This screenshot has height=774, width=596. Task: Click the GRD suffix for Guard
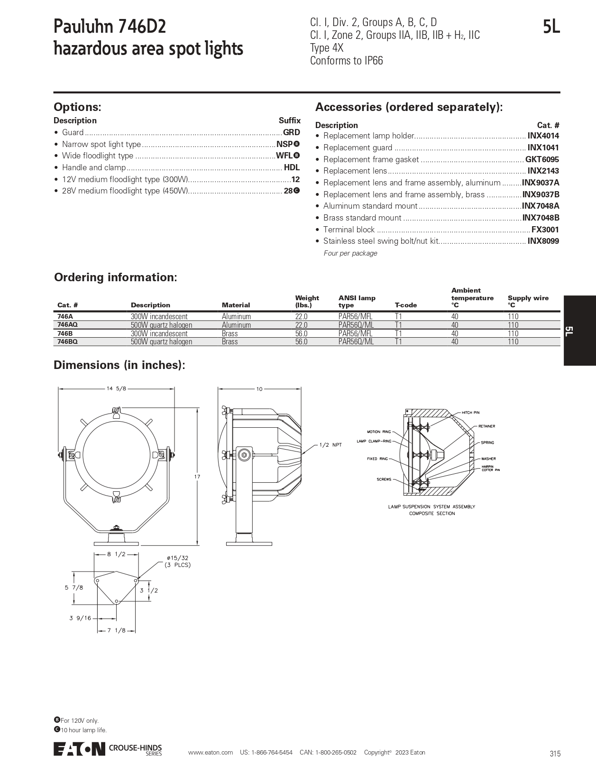pos(291,133)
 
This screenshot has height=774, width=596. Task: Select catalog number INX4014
pos(543,136)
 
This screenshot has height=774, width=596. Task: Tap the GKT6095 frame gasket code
pos(542,159)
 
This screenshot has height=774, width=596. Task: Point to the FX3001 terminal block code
pos(545,230)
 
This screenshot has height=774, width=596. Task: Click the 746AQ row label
pos(67,325)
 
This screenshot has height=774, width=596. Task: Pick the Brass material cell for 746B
pos(230,333)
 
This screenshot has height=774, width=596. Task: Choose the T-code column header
pos(405,305)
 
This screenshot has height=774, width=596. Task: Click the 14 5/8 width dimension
pos(116,388)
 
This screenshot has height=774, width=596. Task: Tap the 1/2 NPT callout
pos(330,445)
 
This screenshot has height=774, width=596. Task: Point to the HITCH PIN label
pos(470,413)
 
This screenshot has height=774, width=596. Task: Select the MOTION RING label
pos(379,432)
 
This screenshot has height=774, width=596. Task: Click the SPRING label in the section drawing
pos(487,442)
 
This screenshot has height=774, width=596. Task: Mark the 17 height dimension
pos(197,476)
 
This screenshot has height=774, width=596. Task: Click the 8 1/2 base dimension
pos(116,554)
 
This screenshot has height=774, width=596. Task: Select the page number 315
pos(555,754)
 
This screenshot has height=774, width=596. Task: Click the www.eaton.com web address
pos(210,753)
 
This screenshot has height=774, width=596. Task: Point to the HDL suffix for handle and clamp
pos(292,167)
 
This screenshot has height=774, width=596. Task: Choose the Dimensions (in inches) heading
pos(119,365)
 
